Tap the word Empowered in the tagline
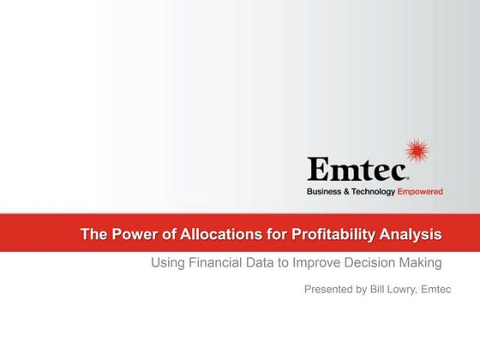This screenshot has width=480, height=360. pos(420,192)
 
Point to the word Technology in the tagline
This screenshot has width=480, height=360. pos(374,192)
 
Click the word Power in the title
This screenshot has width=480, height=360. pos(131,233)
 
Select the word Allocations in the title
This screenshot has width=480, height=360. pos(213,233)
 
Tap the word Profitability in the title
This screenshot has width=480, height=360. pos(336,233)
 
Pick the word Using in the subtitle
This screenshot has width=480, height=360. pos(167,262)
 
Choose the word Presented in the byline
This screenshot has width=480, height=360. pos(332,290)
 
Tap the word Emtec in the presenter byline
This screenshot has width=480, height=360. pos(448,290)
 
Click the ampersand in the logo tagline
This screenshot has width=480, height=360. pos(347,192)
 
